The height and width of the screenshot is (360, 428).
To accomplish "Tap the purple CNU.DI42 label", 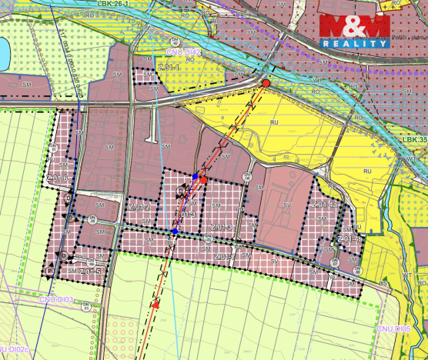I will click(x=183, y=52).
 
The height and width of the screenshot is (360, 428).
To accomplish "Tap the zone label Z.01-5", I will click(x=89, y=272).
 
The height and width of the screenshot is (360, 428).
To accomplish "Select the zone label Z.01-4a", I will click(x=326, y=205).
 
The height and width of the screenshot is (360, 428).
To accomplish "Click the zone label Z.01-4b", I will click(x=349, y=240).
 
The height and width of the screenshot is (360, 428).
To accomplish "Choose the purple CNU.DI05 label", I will click(x=394, y=328).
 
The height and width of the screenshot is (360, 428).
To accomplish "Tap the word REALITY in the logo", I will click(x=355, y=44).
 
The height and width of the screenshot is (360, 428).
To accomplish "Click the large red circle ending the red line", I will click(x=266, y=83).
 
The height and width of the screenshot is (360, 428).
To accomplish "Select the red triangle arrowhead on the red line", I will click(x=156, y=305).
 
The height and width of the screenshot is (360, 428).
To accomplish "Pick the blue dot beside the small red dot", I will click(x=196, y=177).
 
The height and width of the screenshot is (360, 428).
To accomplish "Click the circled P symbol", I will click(x=51, y=271).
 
